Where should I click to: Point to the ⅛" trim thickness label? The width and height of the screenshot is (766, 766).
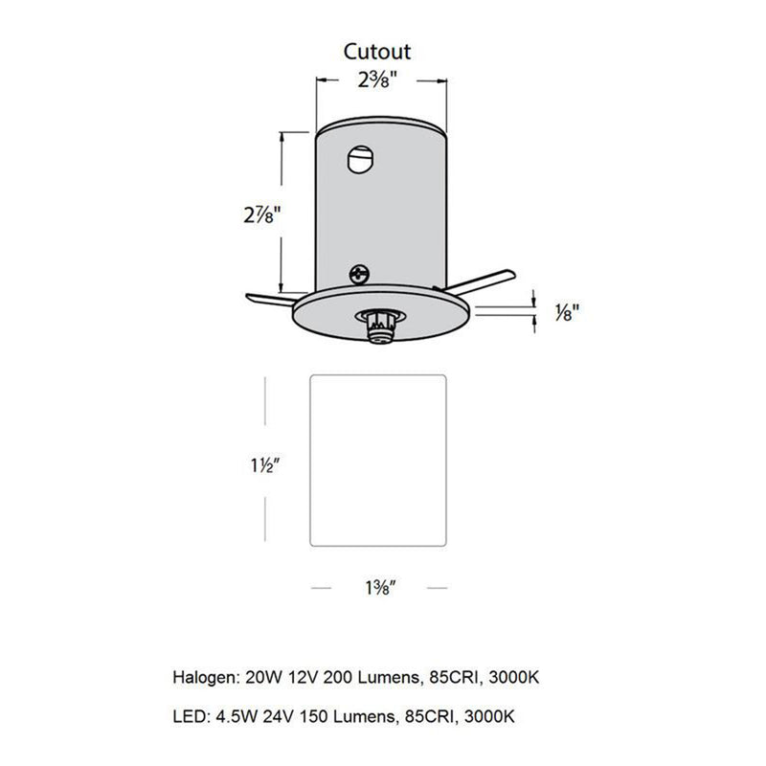coord(568,313)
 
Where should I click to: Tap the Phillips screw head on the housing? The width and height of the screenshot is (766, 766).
coord(360,275)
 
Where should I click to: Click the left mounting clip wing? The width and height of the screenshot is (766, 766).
coord(269,299)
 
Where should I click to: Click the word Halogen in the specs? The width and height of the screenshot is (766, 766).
coord(203,678)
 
